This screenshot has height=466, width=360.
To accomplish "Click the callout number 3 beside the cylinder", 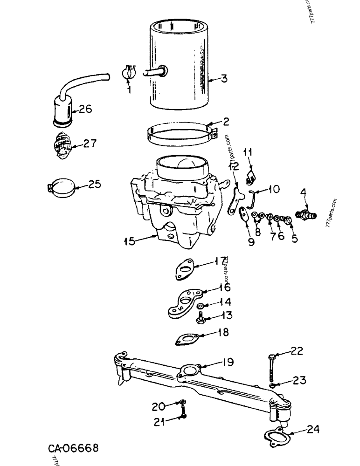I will click(224, 79).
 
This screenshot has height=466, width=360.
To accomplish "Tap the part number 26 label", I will click(85, 109).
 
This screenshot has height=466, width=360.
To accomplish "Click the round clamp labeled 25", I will click(61, 189).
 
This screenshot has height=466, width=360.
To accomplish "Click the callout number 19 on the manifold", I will click(228, 362).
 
